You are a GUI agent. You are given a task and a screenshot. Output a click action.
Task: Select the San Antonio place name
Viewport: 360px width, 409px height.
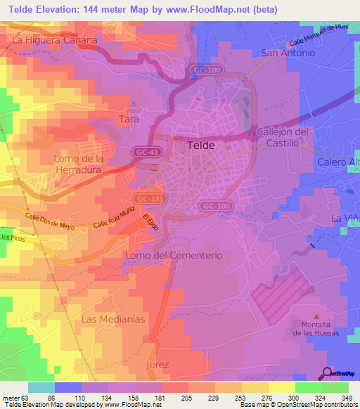287,53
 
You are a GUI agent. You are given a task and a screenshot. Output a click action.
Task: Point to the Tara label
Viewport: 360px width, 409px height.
129,120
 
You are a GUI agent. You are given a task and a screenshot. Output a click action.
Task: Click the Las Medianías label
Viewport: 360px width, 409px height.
113,319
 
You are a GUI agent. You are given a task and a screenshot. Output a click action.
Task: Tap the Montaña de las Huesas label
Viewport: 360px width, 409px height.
316,328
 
